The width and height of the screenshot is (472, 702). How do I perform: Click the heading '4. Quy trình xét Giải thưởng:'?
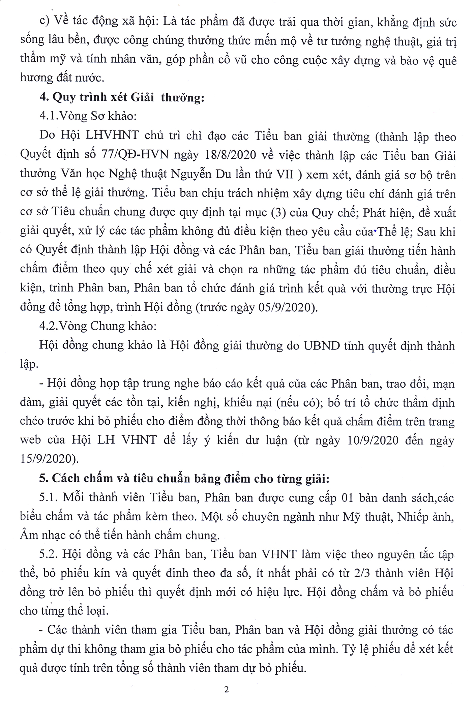[122, 98]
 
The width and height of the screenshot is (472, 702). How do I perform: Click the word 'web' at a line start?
[31, 441]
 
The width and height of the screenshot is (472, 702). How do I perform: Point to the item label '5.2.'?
[49, 554]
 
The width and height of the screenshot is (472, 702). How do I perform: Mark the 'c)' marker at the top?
[45, 23]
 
